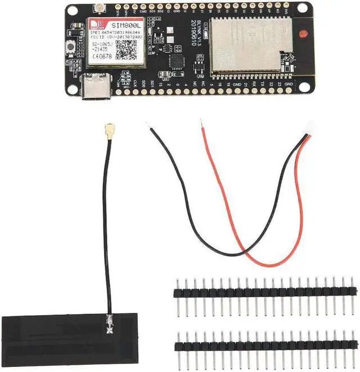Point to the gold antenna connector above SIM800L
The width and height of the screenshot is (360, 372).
(x=101, y=9)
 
